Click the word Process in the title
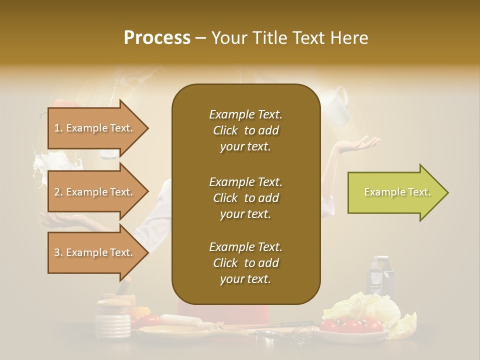(157, 37)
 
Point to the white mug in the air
(337, 106)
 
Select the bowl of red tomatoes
(354, 327)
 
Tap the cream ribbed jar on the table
(113, 320)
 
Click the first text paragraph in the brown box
(245, 130)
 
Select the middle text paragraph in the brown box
(245, 198)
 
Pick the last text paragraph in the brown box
(245, 263)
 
